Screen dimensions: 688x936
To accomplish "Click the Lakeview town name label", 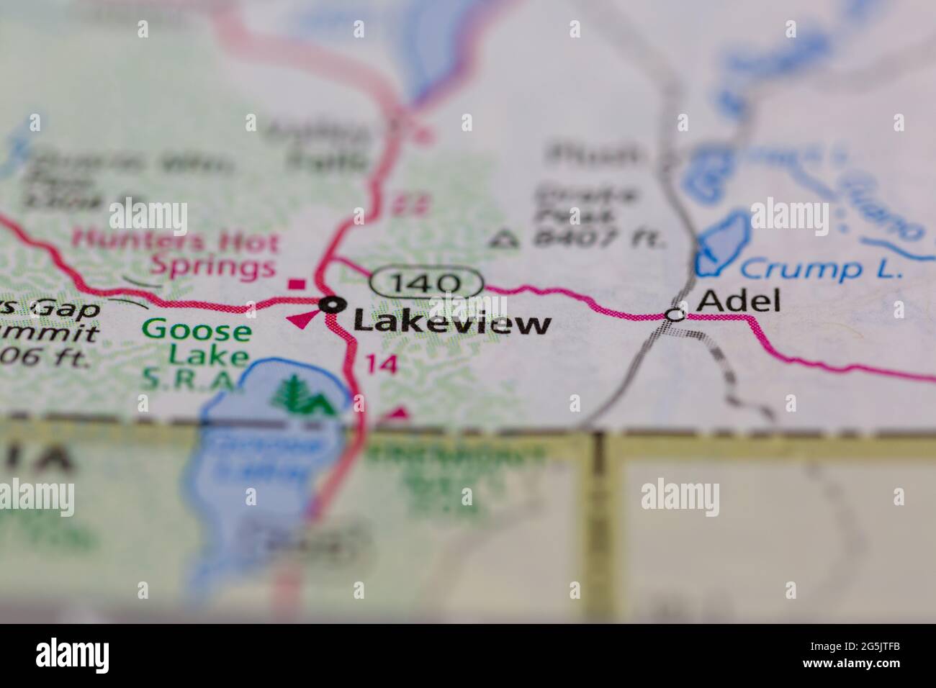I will pos(452,324).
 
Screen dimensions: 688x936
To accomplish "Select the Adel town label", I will pos(739,301).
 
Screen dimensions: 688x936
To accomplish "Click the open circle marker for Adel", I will pos(674,314).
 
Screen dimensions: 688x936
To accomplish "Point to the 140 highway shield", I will pos(426,281).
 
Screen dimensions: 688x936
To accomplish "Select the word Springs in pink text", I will pos(213,268).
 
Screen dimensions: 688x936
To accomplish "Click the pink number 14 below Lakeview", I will pos(381,363).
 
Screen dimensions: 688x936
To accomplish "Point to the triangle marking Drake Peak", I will pos(509,238).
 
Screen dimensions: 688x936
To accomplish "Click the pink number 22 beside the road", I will pos(401,205).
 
